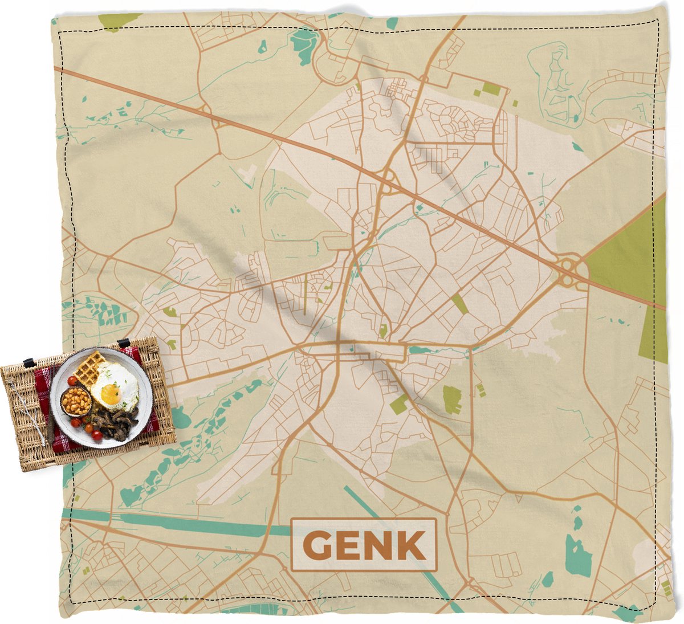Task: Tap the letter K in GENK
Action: click(x=411, y=545)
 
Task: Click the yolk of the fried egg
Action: click(x=110, y=394)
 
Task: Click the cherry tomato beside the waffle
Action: click(x=72, y=380)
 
